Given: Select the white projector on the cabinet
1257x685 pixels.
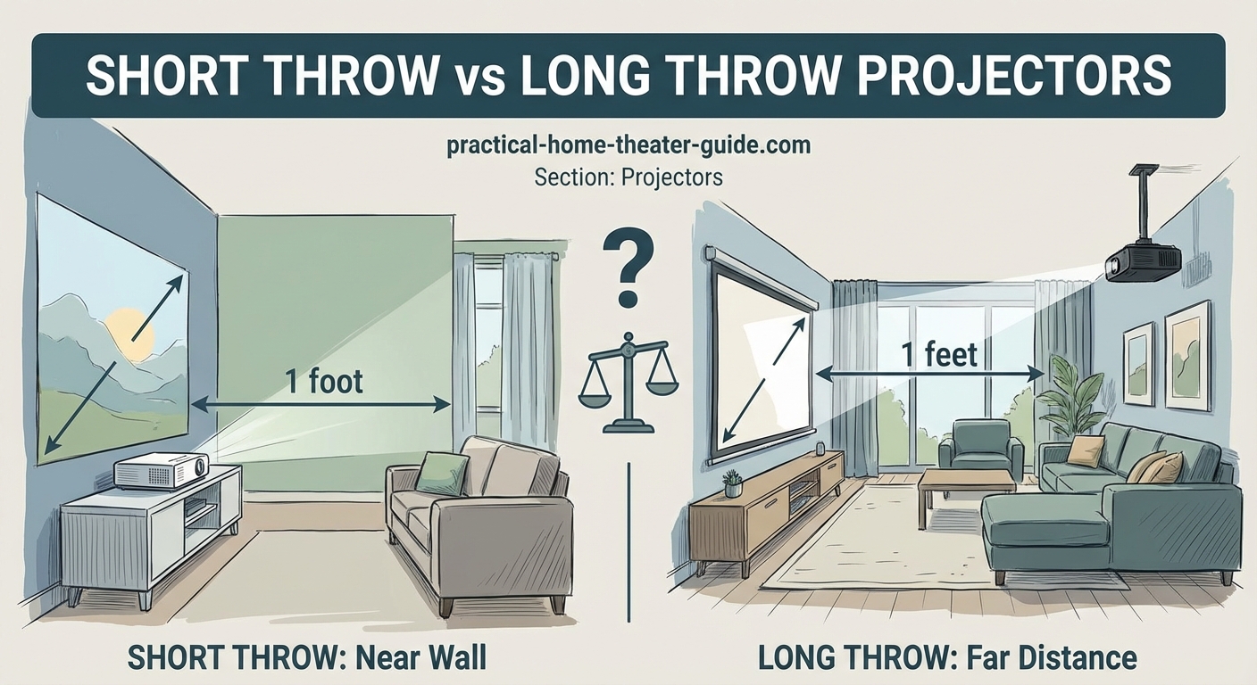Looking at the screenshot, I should pos(161,468).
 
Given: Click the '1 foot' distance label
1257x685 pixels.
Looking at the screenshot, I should pos(324,382).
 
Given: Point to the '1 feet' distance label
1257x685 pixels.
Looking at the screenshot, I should pos(939,354).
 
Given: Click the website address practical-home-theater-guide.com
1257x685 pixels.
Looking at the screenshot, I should pos(628,145).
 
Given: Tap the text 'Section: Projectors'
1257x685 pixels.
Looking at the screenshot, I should pos(628,177).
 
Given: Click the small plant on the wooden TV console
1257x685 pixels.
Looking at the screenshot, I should pos(733,483).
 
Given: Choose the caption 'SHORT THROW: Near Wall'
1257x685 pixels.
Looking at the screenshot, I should pos(308,658).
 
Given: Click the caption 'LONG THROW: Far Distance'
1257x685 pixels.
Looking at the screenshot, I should pos(947,658).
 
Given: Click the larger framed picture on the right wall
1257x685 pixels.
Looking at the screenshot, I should pos(1187,354).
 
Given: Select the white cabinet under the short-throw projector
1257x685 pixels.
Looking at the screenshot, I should pos(152,531).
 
